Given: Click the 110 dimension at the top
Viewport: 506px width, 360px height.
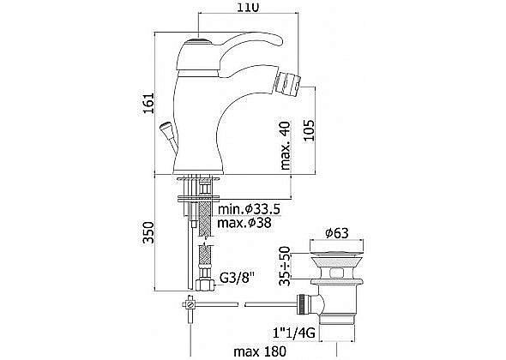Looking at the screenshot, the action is coord(248,7).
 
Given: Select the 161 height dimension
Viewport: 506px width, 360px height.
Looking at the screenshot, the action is coord(148,103).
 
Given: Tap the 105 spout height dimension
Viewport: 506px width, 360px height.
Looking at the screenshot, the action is coord(308,130).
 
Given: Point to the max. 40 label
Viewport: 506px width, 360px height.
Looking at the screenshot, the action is coord(285,146).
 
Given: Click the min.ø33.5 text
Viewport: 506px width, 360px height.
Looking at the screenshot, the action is coord(249,209).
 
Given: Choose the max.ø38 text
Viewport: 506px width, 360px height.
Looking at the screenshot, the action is coord(244,223).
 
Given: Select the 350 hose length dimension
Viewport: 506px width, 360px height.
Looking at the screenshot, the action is coord(148,232).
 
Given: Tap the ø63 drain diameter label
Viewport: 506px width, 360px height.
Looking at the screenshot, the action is coord(337,233).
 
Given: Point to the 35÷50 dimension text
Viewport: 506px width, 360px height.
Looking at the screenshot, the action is coord(285,266).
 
